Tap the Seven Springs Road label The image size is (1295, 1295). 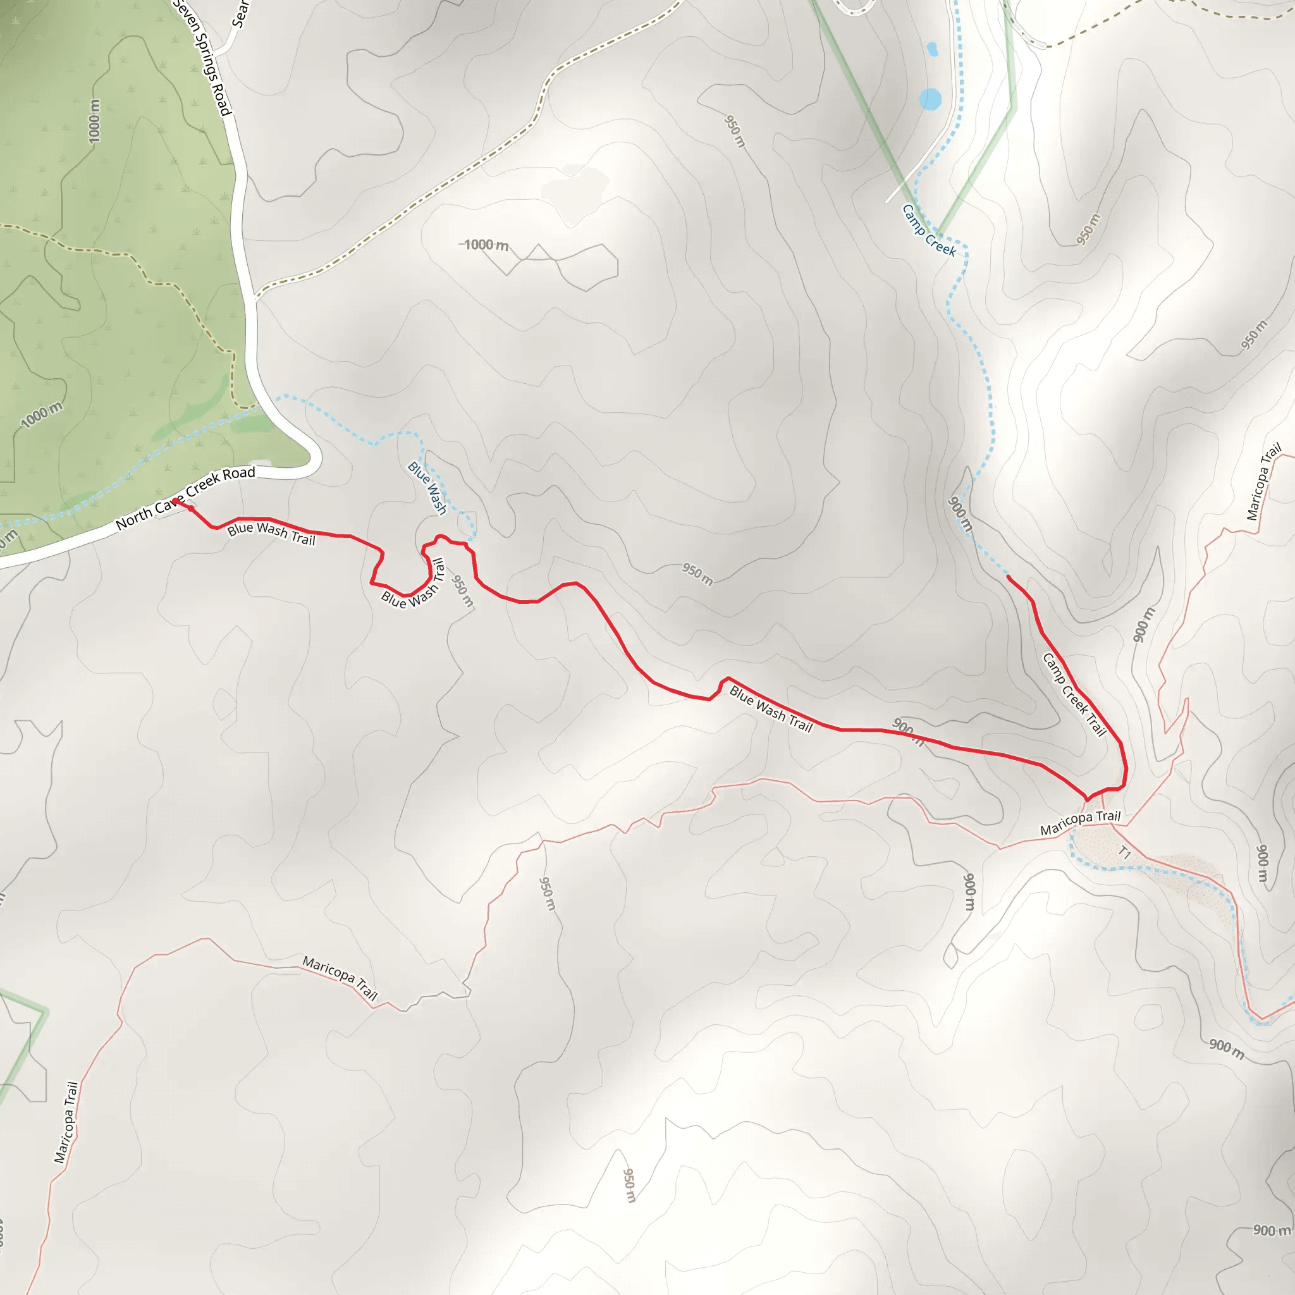(203, 58)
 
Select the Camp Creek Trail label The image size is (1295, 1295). (1074, 694)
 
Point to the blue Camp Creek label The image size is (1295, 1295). (929, 231)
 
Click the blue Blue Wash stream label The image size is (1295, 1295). (427, 488)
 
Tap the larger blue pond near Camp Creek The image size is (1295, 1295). (930, 99)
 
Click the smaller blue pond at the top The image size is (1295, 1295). (931, 49)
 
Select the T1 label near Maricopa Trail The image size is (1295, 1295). (1125, 853)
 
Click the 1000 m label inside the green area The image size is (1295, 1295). (94, 121)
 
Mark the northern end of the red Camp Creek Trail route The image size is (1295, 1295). (1009, 577)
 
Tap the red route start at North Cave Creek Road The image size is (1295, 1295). (175, 501)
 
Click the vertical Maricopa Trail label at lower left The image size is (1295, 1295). (66, 1122)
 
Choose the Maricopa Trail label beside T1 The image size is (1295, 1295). (1080, 823)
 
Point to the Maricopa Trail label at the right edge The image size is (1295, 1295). (1263, 481)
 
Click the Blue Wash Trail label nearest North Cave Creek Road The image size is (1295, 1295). (271, 534)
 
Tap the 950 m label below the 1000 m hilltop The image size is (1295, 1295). (697, 574)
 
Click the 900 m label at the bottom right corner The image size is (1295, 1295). (1272, 1231)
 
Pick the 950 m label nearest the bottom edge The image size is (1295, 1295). (628, 1186)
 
